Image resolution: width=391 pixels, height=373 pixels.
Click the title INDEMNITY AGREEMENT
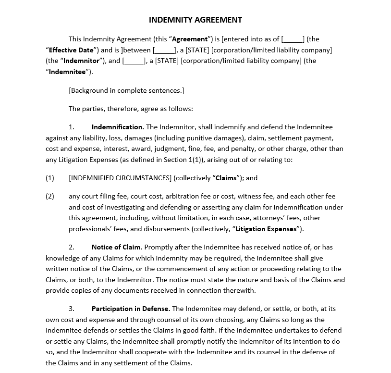[195, 20]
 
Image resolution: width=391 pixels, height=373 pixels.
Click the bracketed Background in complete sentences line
[126, 90]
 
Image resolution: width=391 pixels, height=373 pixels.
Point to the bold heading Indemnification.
[118, 127]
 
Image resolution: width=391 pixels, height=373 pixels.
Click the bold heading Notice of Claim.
[117, 247]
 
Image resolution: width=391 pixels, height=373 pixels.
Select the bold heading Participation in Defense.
[131, 309]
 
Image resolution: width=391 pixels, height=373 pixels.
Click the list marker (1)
[50, 178]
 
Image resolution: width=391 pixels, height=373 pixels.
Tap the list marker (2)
[50, 196]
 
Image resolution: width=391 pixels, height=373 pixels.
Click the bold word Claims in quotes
[226, 178]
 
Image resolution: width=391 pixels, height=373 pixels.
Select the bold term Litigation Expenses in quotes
[266, 229]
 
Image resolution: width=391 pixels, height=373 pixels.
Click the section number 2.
[71, 247]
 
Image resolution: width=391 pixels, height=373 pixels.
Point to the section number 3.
[71, 309]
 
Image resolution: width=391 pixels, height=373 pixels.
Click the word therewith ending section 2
[240, 290]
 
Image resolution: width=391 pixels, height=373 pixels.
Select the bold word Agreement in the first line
[190, 39]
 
